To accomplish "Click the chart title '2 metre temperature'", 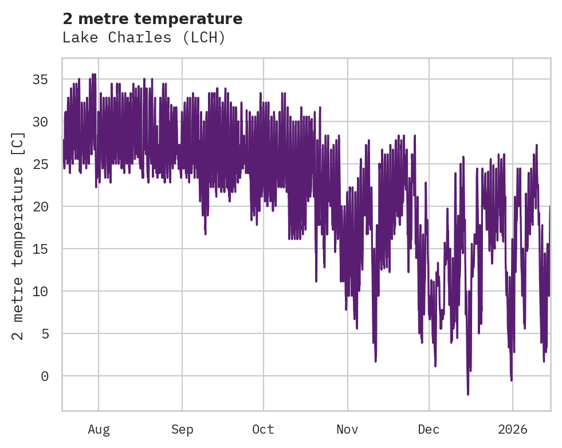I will [x=152, y=19].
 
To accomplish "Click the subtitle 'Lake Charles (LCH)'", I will [x=144, y=38].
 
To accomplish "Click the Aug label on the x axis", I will [x=99, y=429].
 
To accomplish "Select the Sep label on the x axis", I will [x=182, y=429].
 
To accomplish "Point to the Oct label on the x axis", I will [x=264, y=429].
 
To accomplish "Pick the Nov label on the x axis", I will [x=347, y=429].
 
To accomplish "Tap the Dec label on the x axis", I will [x=429, y=429].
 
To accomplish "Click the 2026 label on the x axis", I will [x=512, y=429].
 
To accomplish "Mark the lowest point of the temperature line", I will [x=468, y=394].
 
